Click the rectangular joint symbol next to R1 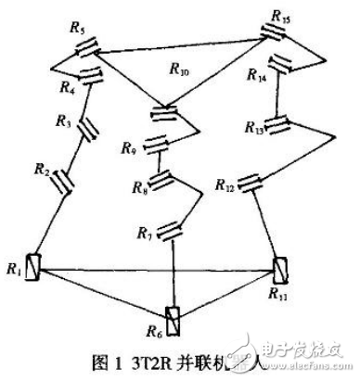click(x=32, y=266)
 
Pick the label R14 click(x=261, y=80)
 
